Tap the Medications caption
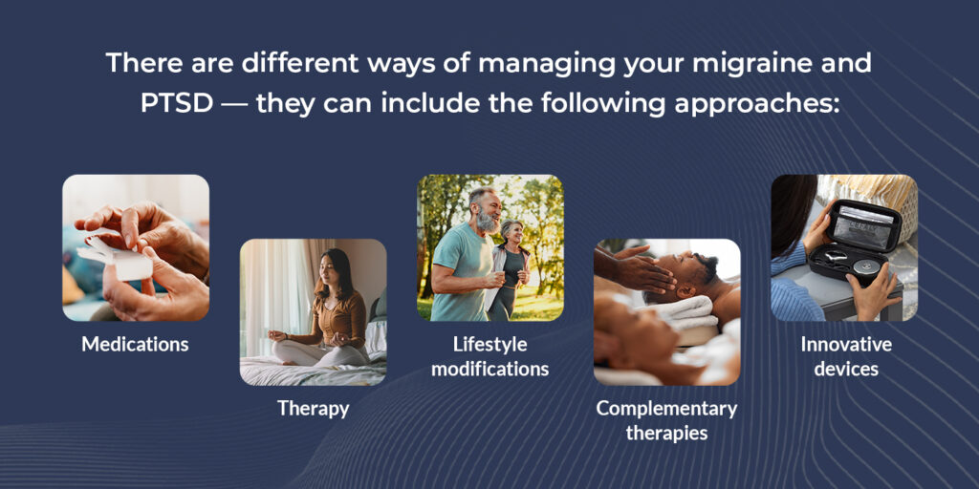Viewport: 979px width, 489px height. (135, 344)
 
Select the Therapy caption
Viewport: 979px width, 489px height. (313, 409)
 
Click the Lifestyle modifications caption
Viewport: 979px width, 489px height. (489, 355)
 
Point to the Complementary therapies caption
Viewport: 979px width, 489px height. (666, 420)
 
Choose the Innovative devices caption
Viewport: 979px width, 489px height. (845, 355)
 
